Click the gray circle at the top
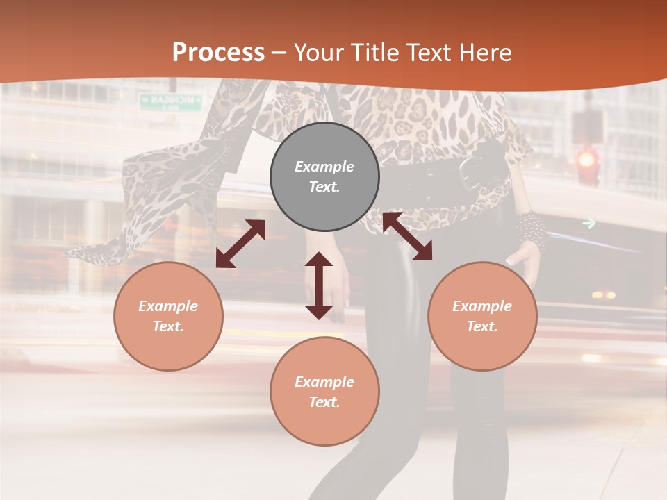324,177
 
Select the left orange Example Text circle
168,316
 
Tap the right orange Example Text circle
482,316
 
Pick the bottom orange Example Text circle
324,392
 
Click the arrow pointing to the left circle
240,244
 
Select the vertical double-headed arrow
319,285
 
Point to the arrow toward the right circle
407,237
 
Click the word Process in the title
218,52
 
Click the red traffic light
588,160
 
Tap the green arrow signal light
589,223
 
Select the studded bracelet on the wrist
532,230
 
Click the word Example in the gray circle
324,167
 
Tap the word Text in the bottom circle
324,402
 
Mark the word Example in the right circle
482,306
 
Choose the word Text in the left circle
168,326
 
